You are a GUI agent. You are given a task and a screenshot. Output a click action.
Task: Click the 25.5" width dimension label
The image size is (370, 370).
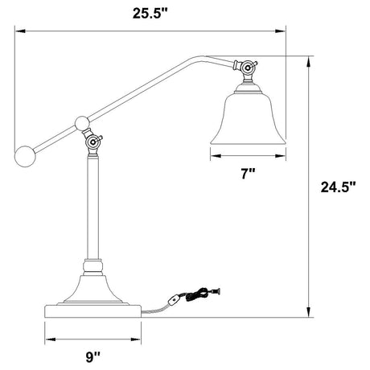click(150, 12)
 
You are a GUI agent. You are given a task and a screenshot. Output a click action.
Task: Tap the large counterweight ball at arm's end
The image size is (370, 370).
click(26, 154)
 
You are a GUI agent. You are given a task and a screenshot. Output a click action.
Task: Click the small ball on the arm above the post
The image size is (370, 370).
click(81, 123)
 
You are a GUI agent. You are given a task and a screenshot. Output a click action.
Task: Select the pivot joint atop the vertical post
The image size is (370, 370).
click(94, 143)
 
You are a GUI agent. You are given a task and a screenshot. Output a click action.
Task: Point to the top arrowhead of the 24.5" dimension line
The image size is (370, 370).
click(308, 60)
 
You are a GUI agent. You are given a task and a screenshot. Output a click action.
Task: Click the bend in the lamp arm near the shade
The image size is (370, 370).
click(196, 57)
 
